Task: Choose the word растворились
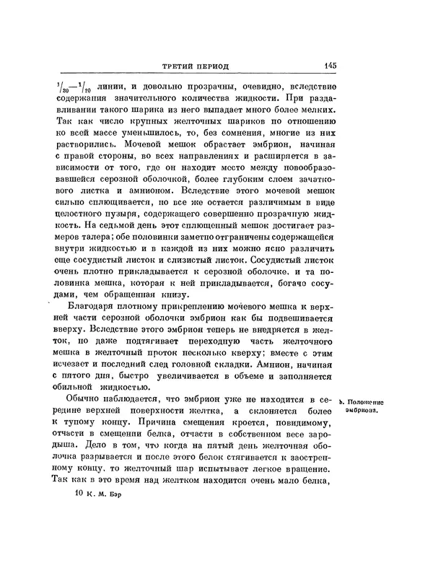(84, 145)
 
